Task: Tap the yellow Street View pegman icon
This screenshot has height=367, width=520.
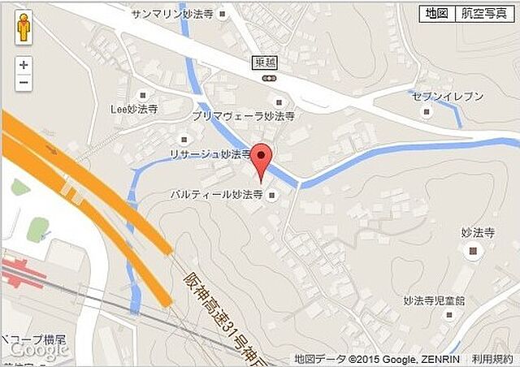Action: (24, 28)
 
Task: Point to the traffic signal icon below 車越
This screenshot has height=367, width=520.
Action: (269, 77)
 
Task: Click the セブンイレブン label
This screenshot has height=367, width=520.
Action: (447, 96)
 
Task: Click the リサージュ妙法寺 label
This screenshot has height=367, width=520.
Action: (210, 153)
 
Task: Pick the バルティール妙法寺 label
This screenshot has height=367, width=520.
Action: (216, 195)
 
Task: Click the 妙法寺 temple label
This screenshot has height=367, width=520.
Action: (478, 232)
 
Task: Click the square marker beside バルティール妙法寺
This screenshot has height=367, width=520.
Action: (271, 195)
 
